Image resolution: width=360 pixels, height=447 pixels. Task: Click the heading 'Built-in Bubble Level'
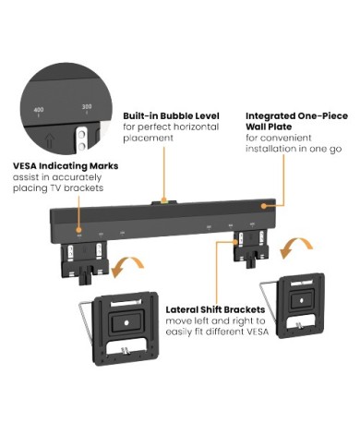171,116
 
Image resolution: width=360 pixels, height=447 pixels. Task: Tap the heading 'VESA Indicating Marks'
66,166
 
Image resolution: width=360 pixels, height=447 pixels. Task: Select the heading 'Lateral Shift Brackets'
215,309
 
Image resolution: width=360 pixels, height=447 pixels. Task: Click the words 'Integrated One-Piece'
297,116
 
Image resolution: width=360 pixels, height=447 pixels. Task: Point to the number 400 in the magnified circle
39,110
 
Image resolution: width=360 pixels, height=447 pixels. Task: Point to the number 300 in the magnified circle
87,107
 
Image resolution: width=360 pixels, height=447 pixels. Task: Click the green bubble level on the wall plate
164,202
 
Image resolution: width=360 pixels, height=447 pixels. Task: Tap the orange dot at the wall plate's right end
264,206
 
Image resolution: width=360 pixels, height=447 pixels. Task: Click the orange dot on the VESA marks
79,230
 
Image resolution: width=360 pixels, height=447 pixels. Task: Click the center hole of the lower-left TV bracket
126,322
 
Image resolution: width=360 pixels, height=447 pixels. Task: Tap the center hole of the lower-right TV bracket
302,299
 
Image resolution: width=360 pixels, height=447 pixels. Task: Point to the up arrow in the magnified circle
48,140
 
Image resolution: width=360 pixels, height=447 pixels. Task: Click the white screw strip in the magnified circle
81,139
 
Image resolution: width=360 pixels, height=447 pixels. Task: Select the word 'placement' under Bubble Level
149,138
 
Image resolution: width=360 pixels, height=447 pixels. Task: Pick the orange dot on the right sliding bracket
236,242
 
